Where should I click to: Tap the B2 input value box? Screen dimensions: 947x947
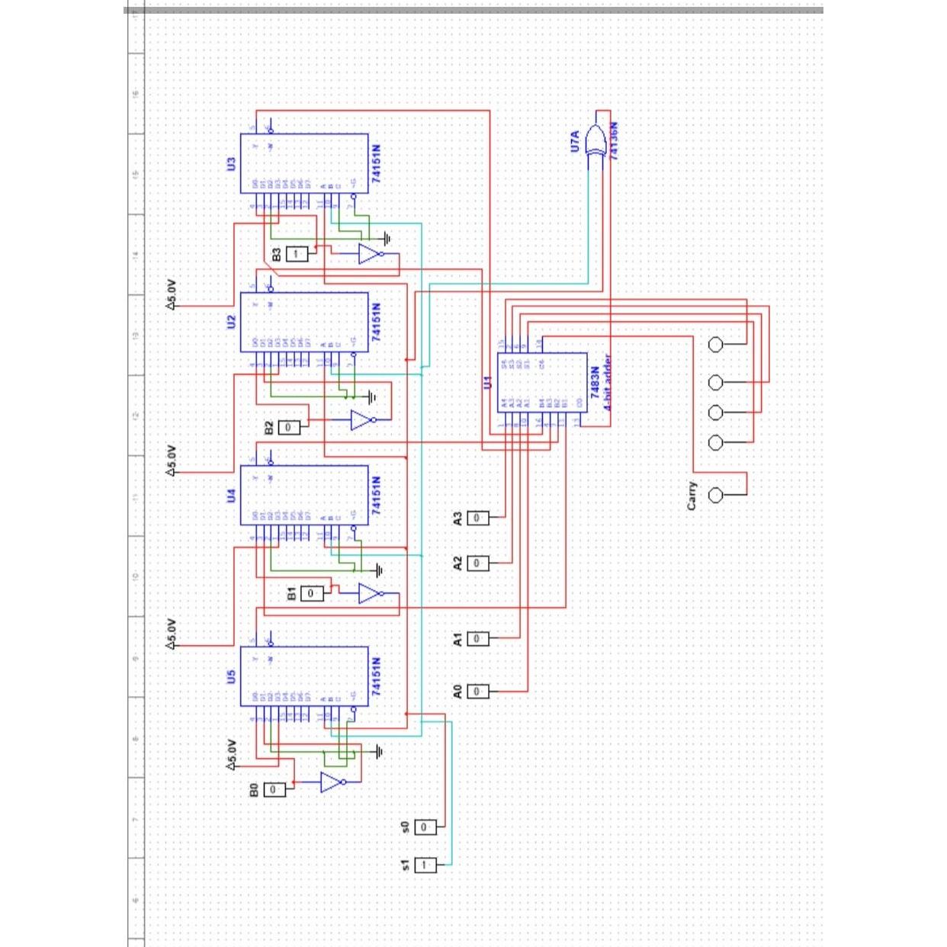(x=288, y=427)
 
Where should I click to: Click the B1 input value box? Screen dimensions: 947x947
(x=310, y=592)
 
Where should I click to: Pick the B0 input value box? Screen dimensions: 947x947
(x=274, y=789)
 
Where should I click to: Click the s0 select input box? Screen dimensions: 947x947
(x=425, y=827)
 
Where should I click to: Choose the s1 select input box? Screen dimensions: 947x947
(x=425, y=865)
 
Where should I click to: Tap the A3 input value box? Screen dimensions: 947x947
(x=477, y=518)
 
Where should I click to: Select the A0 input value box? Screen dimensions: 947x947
(x=477, y=691)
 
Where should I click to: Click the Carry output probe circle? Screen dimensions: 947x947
(x=715, y=496)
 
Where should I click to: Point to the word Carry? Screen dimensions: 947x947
(x=692, y=496)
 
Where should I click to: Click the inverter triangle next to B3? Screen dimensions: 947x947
(x=370, y=254)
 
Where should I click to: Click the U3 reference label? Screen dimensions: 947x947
(x=231, y=163)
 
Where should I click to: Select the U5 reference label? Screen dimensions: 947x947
(x=231, y=676)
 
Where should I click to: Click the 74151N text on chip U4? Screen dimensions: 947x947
(x=376, y=496)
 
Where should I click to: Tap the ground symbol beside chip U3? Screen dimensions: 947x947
(x=387, y=239)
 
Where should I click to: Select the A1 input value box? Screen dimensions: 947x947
(x=477, y=638)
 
